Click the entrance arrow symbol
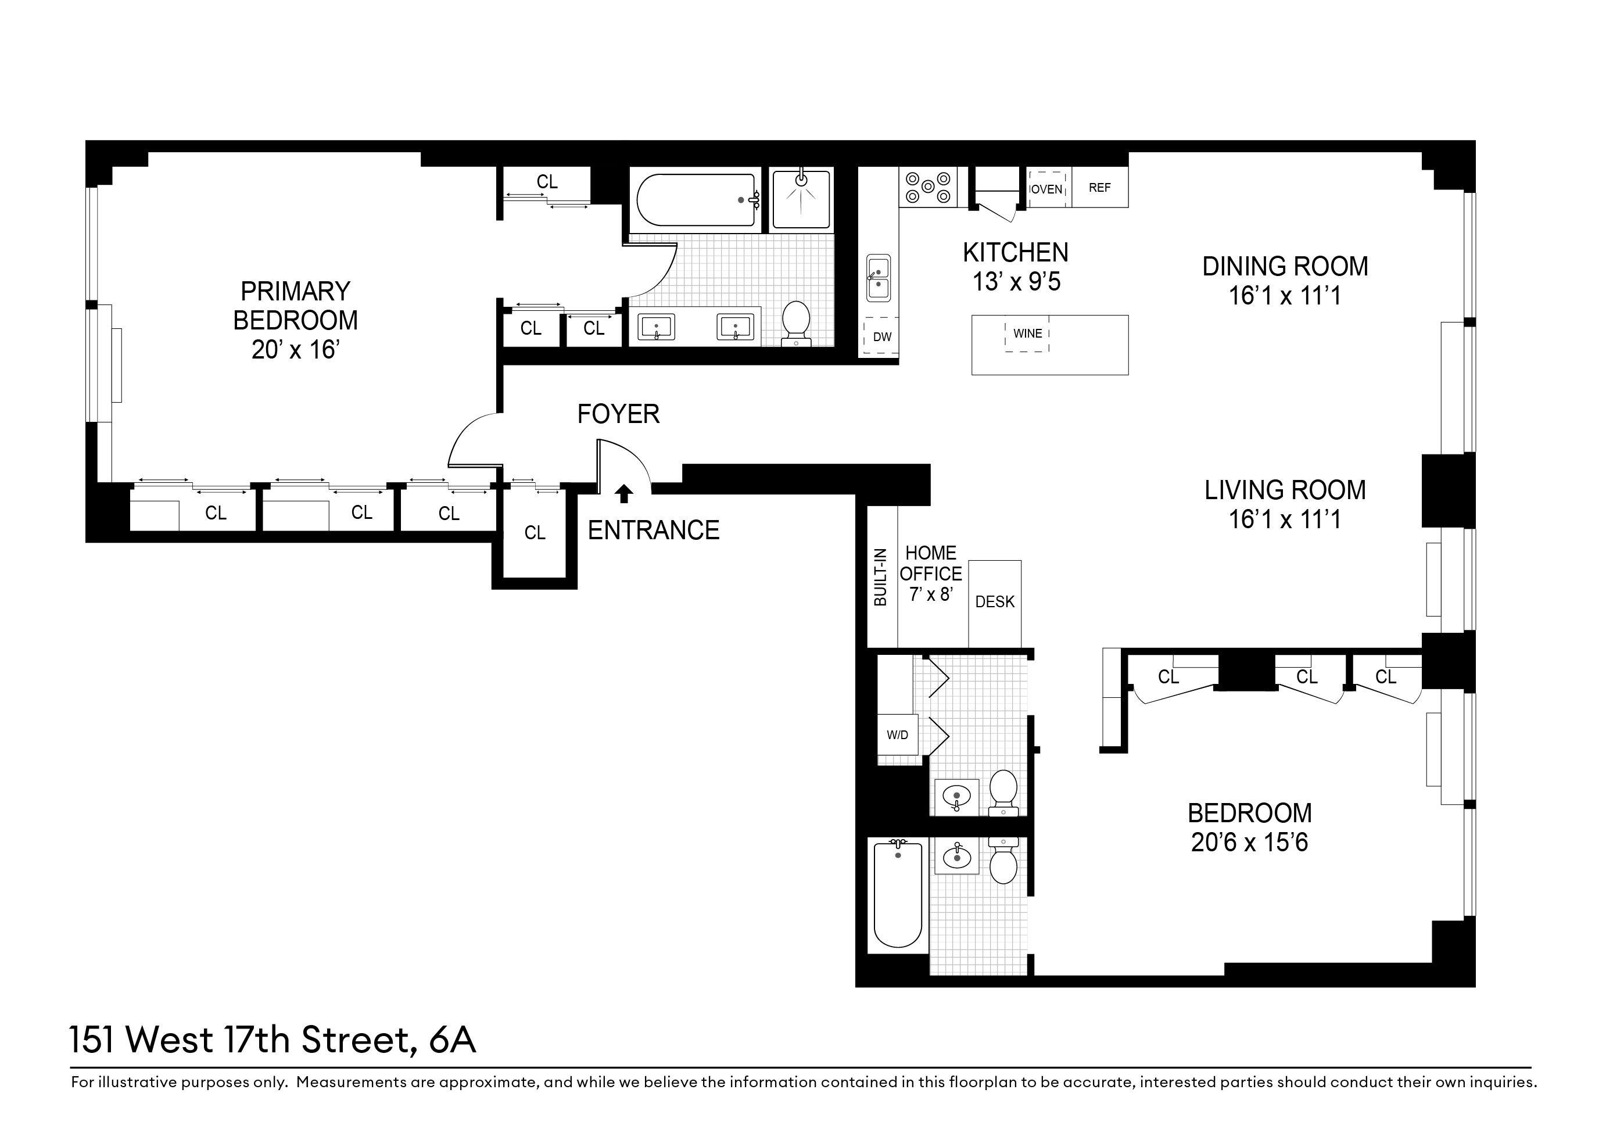tap(623, 494)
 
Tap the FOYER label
tap(618, 414)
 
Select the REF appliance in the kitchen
tap(1099, 188)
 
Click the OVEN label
tap(1046, 189)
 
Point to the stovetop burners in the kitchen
tap(928, 187)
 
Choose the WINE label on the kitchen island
tap(1027, 334)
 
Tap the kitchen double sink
tap(879, 278)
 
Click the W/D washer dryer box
tap(898, 735)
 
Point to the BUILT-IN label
tap(881, 577)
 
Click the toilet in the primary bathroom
tap(795, 323)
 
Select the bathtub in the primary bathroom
tap(696, 200)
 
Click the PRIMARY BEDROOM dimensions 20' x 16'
tap(295, 350)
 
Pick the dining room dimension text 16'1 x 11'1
tap(1285, 296)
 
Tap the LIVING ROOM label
tap(1285, 490)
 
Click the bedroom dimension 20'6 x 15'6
tap(1249, 842)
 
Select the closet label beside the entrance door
tap(535, 533)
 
